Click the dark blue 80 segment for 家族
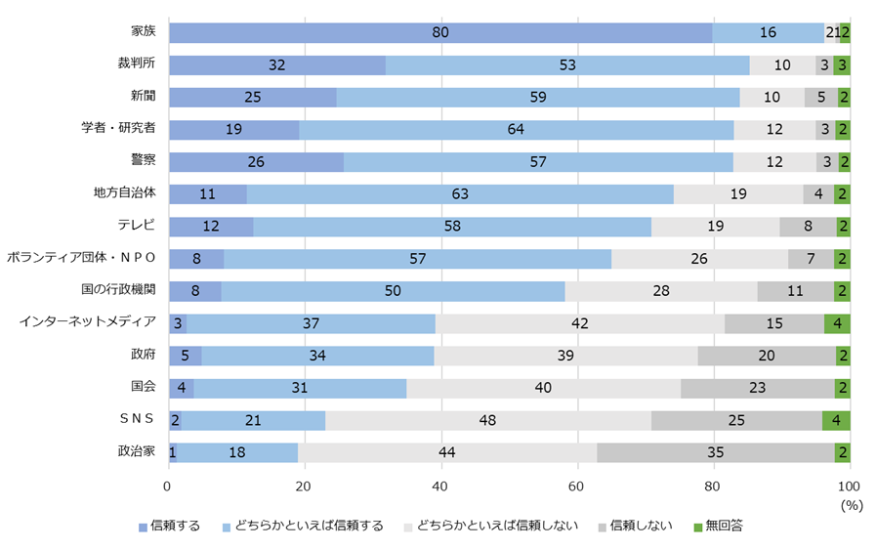tap(440, 33)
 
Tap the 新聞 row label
tap(144, 98)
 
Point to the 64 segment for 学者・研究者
tap(517, 130)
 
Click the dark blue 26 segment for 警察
tap(256, 162)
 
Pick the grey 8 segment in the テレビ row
tap(808, 227)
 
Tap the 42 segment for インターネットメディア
tap(580, 322)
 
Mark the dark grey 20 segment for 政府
tap(767, 356)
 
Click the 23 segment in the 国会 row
tap(758, 388)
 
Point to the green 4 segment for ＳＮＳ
tap(836, 420)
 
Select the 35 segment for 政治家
tap(716, 452)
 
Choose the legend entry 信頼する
tap(176, 528)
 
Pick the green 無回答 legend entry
tap(723, 528)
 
